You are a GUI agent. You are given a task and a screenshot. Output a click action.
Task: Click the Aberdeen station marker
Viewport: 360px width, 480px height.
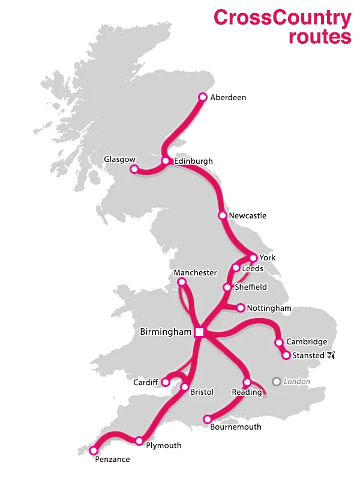(203, 97)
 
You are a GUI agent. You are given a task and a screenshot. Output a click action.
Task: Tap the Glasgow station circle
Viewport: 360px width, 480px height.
(135, 169)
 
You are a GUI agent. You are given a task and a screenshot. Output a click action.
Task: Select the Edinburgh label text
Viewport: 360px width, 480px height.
(193, 161)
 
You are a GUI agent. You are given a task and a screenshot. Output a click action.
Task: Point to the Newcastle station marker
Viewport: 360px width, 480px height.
(223, 215)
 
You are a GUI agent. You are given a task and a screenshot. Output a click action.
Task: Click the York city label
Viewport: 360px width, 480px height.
(268, 258)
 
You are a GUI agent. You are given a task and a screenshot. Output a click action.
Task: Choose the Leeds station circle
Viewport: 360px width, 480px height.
(236, 268)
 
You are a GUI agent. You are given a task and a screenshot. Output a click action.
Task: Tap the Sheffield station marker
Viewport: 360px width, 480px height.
(227, 287)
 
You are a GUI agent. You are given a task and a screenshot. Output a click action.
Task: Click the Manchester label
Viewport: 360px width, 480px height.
(195, 272)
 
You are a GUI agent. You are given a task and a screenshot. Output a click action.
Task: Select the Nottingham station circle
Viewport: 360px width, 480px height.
(241, 308)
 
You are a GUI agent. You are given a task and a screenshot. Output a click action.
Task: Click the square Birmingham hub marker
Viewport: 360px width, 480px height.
(200, 332)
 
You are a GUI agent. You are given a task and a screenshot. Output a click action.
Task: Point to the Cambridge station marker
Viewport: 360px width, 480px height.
(279, 343)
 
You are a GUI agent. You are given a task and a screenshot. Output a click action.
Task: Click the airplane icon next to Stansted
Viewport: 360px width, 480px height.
(331, 355)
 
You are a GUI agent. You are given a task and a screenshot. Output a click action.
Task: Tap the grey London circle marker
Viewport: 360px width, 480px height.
(276, 381)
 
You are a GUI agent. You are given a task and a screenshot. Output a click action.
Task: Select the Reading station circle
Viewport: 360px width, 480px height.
(247, 382)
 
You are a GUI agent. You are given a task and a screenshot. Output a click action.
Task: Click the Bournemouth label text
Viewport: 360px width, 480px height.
(236, 427)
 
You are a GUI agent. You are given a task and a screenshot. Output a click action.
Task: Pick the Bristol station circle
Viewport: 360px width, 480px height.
(185, 387)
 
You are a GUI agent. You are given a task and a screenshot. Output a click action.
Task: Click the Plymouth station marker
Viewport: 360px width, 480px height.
(139, 441)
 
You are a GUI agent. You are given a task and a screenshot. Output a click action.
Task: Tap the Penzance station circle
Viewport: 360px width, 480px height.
(94, 450)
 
